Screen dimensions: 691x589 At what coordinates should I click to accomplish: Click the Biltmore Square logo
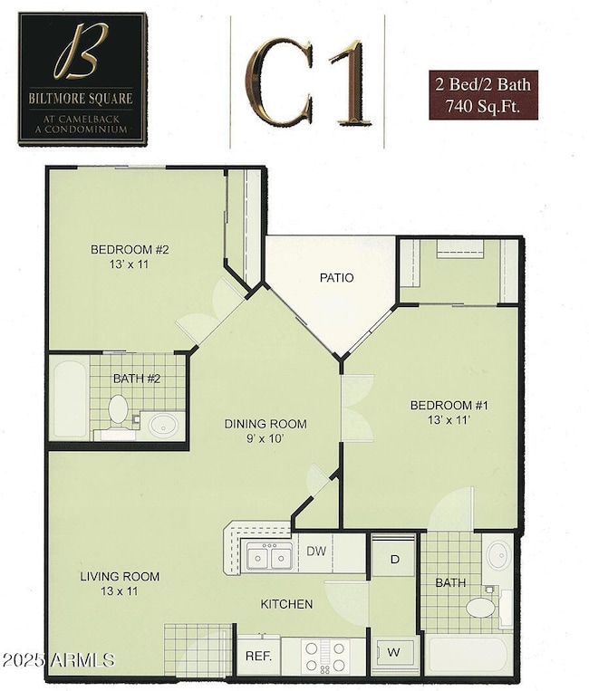click(82, 79)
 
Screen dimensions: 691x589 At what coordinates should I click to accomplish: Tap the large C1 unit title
click(309, 82)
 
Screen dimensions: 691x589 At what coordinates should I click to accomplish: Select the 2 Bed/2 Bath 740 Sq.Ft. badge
click(483, 95)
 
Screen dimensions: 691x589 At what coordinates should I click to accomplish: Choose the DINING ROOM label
click(266, 430)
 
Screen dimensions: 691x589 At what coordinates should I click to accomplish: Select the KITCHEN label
click(286, 604)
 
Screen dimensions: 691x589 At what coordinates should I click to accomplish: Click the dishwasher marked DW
click(317, 551)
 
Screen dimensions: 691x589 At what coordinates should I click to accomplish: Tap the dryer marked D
click(394, 558)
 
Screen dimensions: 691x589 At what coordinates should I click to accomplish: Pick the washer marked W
click(394, 651)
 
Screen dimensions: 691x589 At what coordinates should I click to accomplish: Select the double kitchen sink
click(270, 556)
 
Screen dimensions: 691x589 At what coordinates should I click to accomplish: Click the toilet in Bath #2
click(118, 410)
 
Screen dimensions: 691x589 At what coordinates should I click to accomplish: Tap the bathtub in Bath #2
click(70, 398)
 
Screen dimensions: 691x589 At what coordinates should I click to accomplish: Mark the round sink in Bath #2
click(163, 424)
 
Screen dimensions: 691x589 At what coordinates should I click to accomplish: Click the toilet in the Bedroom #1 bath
click(480, 606)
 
